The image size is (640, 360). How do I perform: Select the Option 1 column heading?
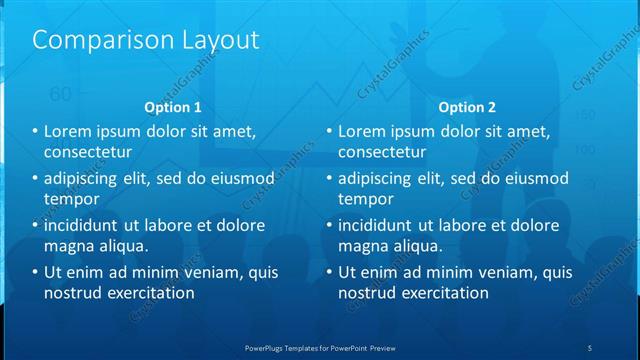pos(173,107)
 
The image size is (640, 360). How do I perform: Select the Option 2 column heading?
pos(466,107)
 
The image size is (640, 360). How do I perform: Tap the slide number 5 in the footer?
pos(590,347)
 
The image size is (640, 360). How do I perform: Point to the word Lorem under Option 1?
pos(68,131)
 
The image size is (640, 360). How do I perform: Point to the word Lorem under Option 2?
pos(362,131)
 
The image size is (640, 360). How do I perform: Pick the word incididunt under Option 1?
pos(85,225)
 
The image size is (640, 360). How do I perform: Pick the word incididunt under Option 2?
pos(379,225)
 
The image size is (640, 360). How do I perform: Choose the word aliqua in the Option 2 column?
pos(418,246)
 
